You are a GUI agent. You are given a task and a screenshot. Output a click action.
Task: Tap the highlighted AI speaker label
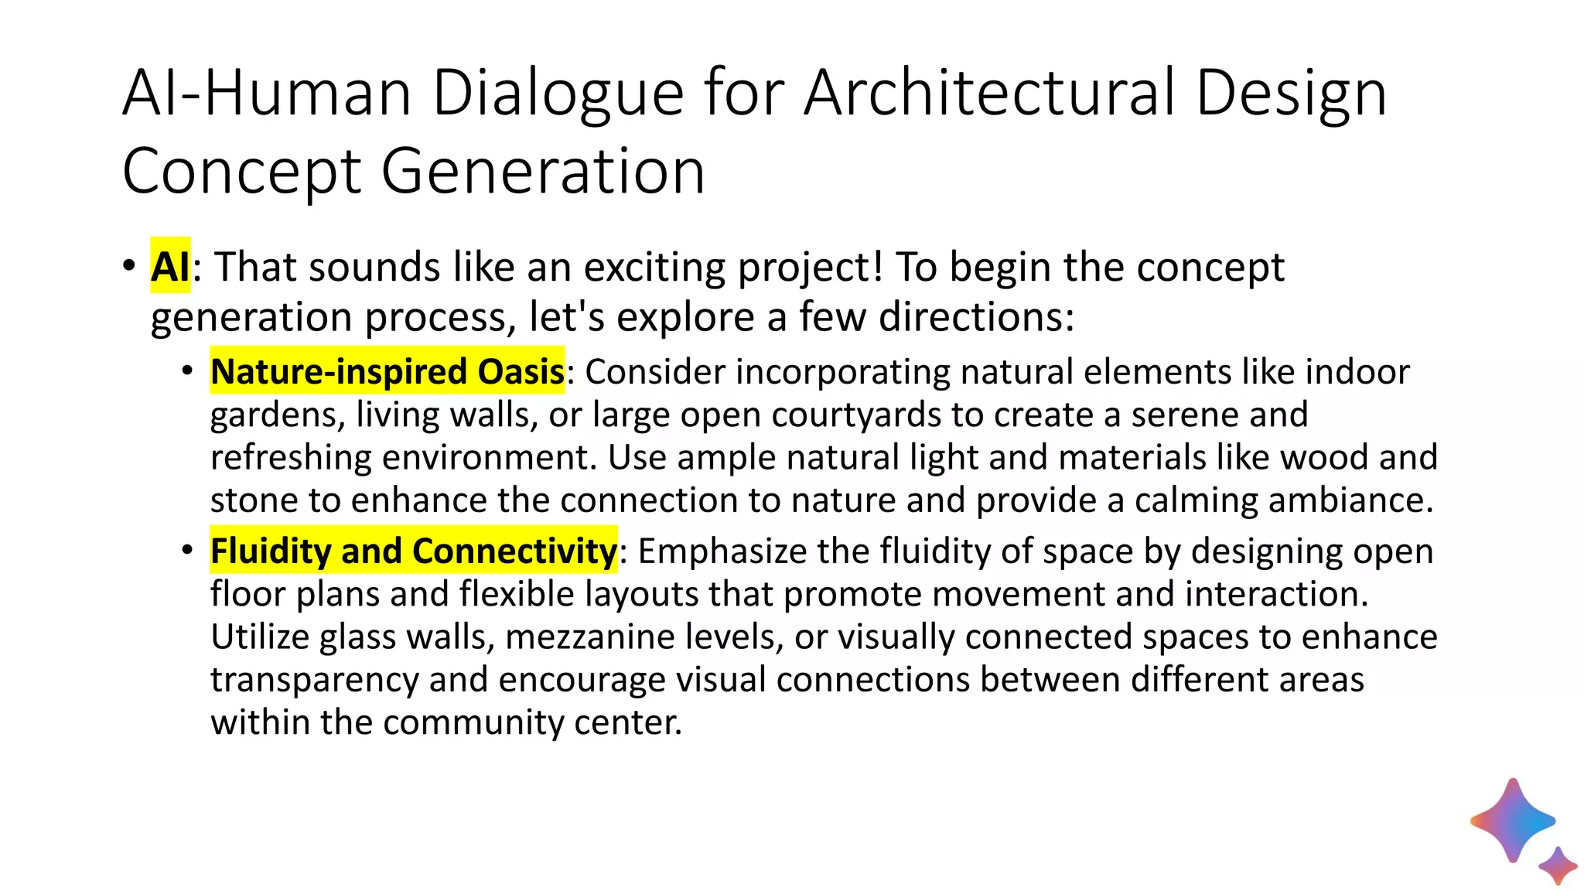170,267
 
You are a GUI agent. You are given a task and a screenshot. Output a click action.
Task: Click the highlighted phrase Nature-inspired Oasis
387,372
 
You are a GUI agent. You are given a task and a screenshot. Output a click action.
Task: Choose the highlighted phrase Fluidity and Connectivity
414,551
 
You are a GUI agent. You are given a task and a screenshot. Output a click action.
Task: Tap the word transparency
314,681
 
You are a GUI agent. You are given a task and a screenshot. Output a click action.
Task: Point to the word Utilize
260,637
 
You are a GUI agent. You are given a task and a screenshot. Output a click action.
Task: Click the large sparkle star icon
1512,821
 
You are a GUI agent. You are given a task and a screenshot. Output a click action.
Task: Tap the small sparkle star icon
1558,865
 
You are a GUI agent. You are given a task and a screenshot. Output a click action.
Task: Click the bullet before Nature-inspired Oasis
187,372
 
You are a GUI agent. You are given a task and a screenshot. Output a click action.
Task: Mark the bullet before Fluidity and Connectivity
187,551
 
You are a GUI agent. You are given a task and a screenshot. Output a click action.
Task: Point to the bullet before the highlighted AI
128,266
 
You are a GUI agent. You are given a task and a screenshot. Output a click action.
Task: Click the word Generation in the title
543,172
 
